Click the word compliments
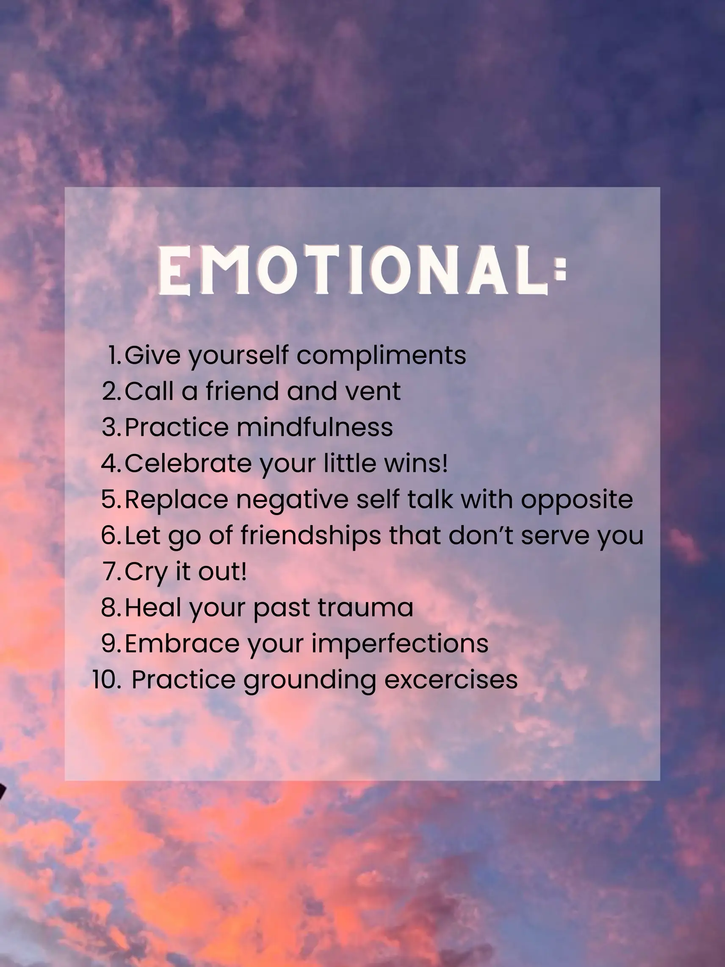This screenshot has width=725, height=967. click(381, 355)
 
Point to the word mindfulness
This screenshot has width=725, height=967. click(315, 427)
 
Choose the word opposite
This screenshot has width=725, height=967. click(576, 500)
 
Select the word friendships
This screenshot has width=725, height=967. click(311, 535)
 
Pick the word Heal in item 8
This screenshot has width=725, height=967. click(153, 608)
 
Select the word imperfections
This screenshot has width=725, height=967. click(399, 644)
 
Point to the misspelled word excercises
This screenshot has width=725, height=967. click(451, 680)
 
